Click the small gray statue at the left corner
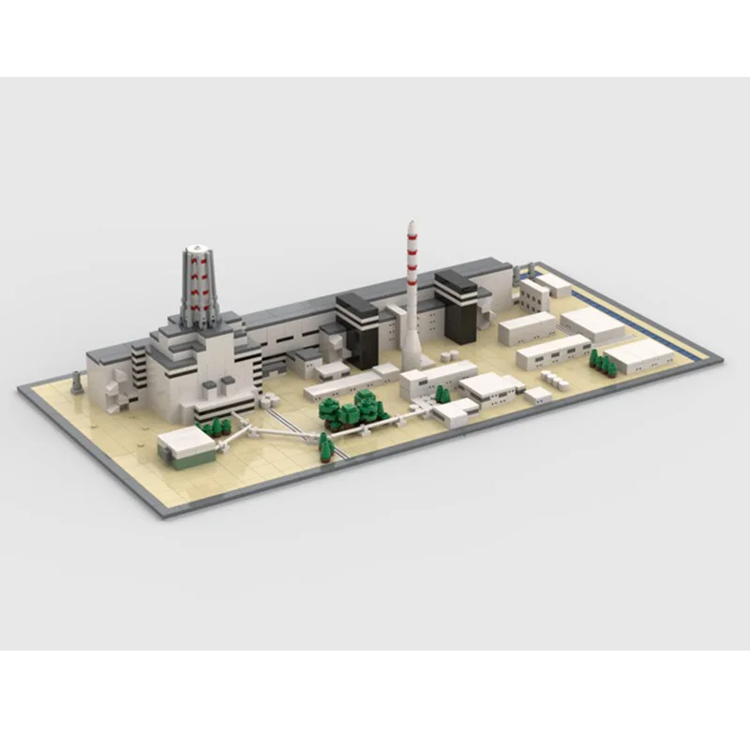pyautogui.click(x=77, y=382)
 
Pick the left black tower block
pyautogui.click(x=357, y=328)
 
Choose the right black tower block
pyautogui.click(x=457, y=306)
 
